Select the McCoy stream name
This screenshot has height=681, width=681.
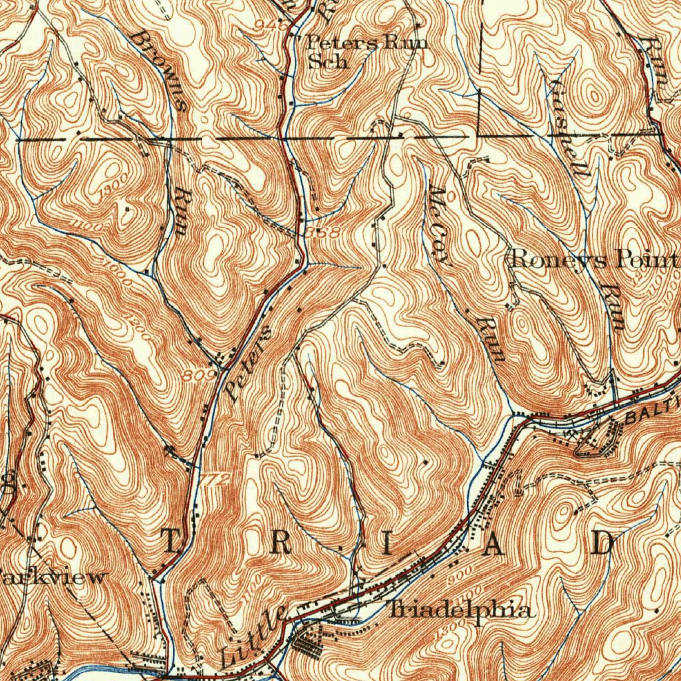click(440, 225)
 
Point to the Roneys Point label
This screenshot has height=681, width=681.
click(593, 259)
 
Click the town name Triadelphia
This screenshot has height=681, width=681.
click(460, 611)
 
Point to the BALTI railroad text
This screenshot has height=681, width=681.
click(652, 412)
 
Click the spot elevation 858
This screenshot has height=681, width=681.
click(324, 233)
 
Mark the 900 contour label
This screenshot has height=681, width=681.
click(459, 572)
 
